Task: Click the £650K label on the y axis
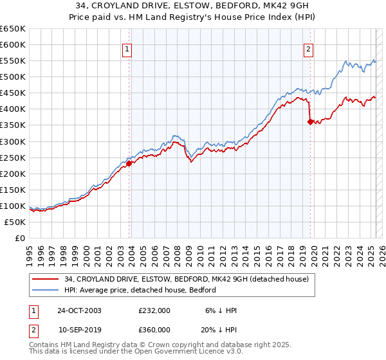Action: click(14, 29)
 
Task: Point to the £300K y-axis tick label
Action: click(14, 141)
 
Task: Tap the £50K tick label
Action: click(16, 222)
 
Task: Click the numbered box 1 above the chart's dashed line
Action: click(127, 49)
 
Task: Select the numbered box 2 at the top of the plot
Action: click(309, 49)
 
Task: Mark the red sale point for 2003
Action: click(129, 163)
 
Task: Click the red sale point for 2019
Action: click(310, 122)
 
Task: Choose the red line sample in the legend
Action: click(45, 279)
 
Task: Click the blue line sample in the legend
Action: click(45, 290)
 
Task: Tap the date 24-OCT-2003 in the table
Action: click(79, 310)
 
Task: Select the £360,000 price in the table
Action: click(154, 329)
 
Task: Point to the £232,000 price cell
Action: click(154, 310)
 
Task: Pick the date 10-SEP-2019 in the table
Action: click(79, 329)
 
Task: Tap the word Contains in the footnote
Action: click(45, 346)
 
